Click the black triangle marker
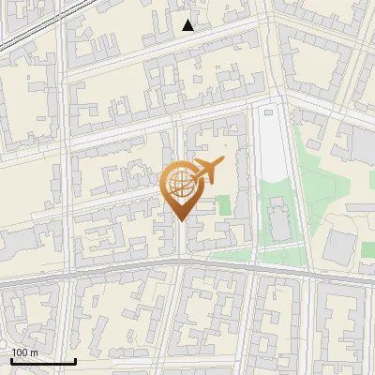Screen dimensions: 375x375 188,25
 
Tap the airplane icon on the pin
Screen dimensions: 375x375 207,170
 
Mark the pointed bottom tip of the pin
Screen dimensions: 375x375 180,220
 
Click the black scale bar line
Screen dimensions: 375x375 43,362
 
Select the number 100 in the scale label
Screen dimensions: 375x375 19,352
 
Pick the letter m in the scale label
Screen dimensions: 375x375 33,352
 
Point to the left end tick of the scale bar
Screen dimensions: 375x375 11,360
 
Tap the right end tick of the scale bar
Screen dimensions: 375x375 75,360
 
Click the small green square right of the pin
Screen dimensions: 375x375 223,203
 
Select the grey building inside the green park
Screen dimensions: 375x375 278,218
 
